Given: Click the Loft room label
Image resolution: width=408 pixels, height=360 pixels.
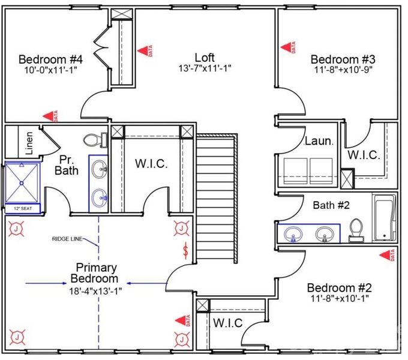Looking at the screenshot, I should tap(205, 57).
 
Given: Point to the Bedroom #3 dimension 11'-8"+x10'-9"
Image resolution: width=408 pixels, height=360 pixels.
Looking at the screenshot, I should tap(343, 70).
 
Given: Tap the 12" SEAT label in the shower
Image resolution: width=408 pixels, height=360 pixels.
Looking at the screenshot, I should tap(23, 209).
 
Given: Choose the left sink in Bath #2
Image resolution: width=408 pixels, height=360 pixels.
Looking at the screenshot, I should tap(295, 233).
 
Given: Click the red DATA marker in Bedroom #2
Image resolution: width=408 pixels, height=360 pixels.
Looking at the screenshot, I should tap(385, 256).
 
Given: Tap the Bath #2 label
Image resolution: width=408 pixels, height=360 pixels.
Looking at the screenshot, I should tap(331, 205).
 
